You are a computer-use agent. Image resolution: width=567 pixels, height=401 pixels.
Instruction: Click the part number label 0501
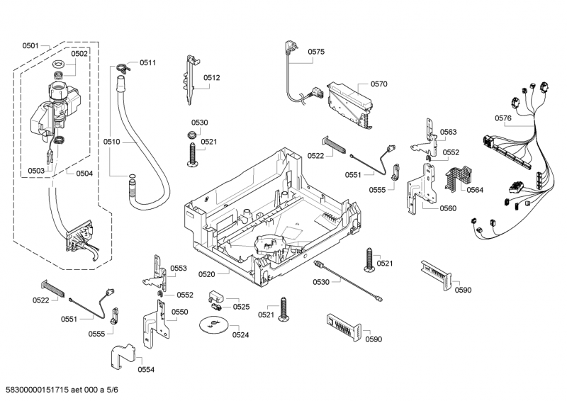[x=30, y=46]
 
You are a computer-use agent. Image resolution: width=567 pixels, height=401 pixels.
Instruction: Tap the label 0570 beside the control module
[x=378, y=84]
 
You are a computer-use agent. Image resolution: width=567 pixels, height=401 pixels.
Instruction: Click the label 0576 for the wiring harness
[x=503, y=118]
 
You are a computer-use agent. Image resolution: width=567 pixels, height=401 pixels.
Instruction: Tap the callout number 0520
[x=206, y=273]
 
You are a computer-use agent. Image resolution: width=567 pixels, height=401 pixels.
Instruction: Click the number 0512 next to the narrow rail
[x=212, y=78]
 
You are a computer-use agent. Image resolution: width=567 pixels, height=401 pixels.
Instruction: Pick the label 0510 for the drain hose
[x=111, y=142]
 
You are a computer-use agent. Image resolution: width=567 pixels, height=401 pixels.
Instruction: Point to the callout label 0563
[x=448, y=132]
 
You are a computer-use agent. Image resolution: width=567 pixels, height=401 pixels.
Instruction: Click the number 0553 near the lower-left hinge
[x=179, y=269]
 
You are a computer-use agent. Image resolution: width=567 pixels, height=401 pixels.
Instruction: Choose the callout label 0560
[x=448, y=208]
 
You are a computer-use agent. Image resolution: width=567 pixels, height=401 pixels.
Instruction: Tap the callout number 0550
[x=180, y=312]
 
